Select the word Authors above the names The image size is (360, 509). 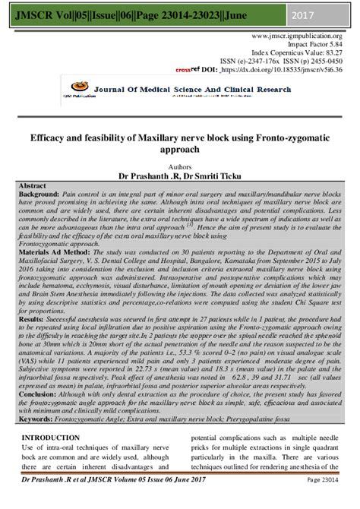pos(181,163)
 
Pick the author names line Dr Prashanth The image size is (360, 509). pos(180,173)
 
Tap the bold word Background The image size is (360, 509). pos(39,195)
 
